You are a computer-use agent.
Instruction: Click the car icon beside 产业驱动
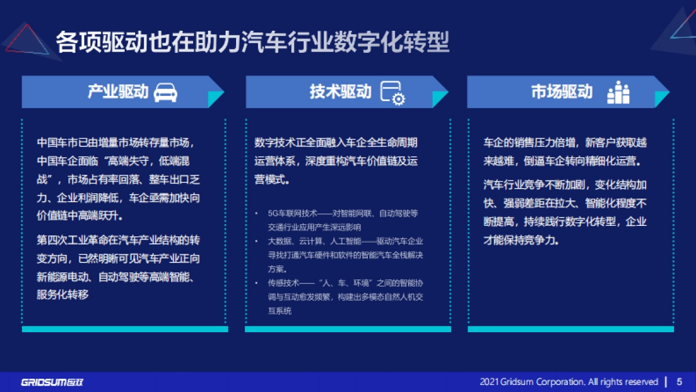[x=165, y=93]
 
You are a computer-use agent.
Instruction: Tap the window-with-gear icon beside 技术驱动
[x=392, y=93]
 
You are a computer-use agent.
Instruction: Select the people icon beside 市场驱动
[x=618, y=93]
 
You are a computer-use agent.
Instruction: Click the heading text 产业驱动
[x=118, y=92]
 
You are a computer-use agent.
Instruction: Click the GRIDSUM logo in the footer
[x=52, y=382]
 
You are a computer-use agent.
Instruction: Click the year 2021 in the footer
[x=490, y=382]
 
